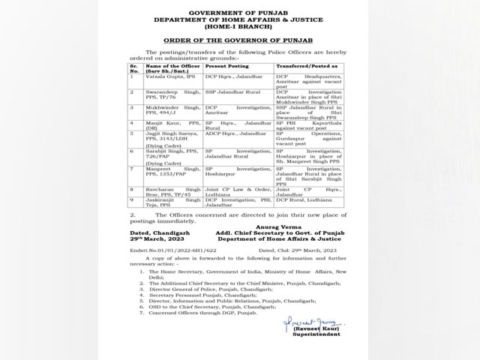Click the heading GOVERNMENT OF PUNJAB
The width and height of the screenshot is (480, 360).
coord(239,13)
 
